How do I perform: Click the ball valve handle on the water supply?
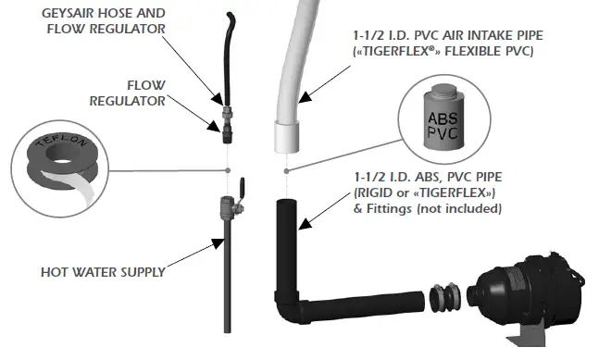239,188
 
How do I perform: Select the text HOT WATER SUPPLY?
103,272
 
